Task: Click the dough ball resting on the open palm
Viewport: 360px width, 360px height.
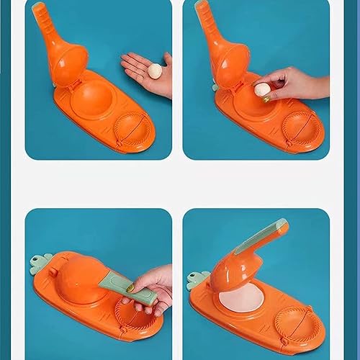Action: [154, 70]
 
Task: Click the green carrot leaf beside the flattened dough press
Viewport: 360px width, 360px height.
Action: [197, 280]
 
